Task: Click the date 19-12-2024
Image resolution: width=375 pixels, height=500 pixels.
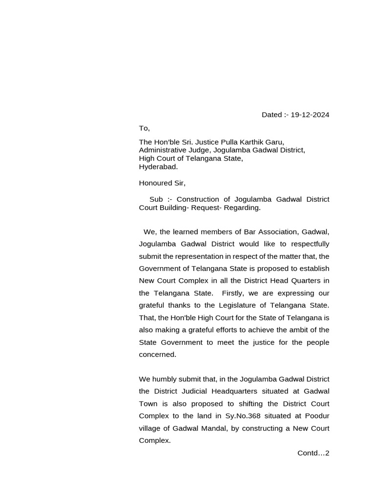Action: [x=310, y=115]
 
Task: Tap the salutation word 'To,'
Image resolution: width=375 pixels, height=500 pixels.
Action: [x=144, y=128]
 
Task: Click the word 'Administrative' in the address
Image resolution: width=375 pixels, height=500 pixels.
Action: [x=163, y=150]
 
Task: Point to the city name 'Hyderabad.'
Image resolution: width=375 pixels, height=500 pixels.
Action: [x=158, y=167]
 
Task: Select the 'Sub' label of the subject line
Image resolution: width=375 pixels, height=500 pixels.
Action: [x=156, y=199]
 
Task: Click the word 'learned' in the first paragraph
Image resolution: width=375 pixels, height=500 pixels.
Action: [x=187, y=232]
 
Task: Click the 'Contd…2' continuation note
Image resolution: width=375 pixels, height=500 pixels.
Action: [x=313, y=453]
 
